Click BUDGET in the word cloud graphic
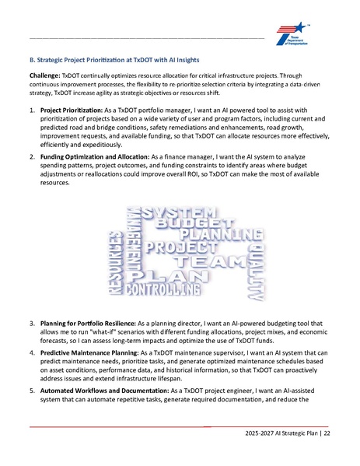187,225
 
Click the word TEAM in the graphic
211,263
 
